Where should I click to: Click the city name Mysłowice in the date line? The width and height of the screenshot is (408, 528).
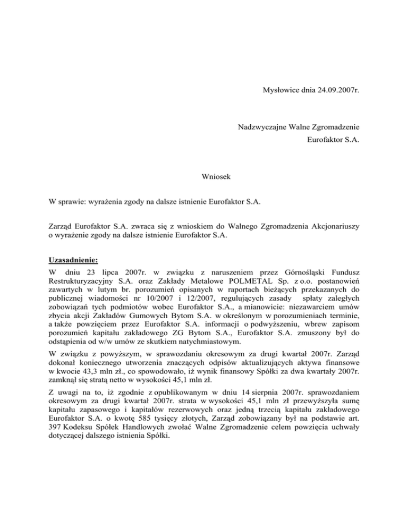[x=283, y=91]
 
